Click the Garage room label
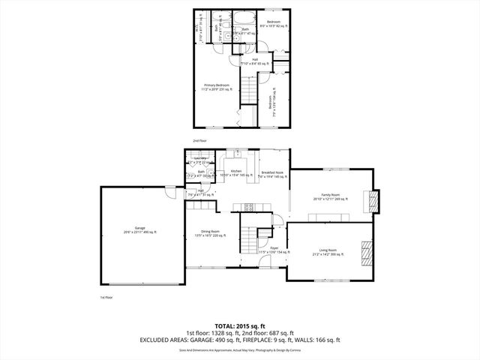[140, 229]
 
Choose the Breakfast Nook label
[271, 173]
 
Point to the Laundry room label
[200, 159]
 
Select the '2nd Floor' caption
[199, 140]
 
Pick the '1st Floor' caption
[106, 298]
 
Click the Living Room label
[328, 251]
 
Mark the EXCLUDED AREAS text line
[239, 340]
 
